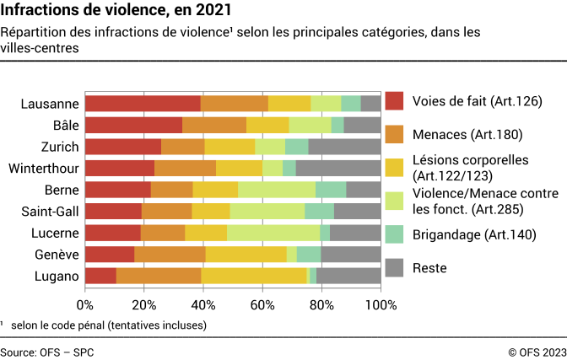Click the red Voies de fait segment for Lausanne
(x=143, y=104)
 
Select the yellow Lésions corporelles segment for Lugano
(x=254, y=276)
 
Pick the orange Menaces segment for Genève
(x=170, y=254)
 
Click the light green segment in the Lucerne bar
(x=273, y=233)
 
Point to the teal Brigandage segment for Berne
(x=331, y=190)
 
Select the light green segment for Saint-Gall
(x=267, y=211)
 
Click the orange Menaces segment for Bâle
(x=214, y=125)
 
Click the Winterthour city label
(x=44, y=168)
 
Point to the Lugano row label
(x=57, y=276)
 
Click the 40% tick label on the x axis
(x=203, y=304)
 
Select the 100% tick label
(x=380, y=304)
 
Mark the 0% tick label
(x=85, y=304)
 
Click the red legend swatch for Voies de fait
(x=394, y=101)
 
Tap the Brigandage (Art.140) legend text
(x=474, y=234)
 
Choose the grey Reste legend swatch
(x=394, y=268)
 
